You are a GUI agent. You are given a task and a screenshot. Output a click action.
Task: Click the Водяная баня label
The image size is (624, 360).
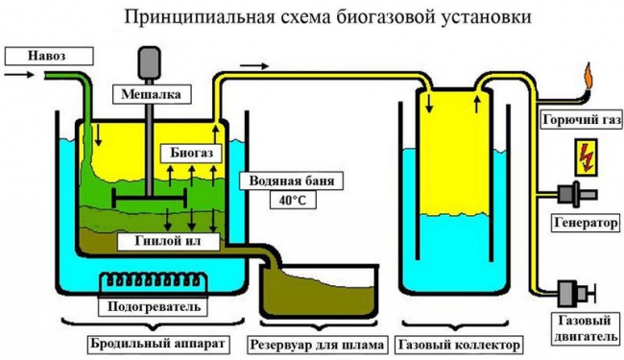point(285,180)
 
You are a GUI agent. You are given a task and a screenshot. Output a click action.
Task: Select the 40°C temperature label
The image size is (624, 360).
point(285,201)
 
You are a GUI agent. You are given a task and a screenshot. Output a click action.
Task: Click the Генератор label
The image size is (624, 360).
point(583,222)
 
